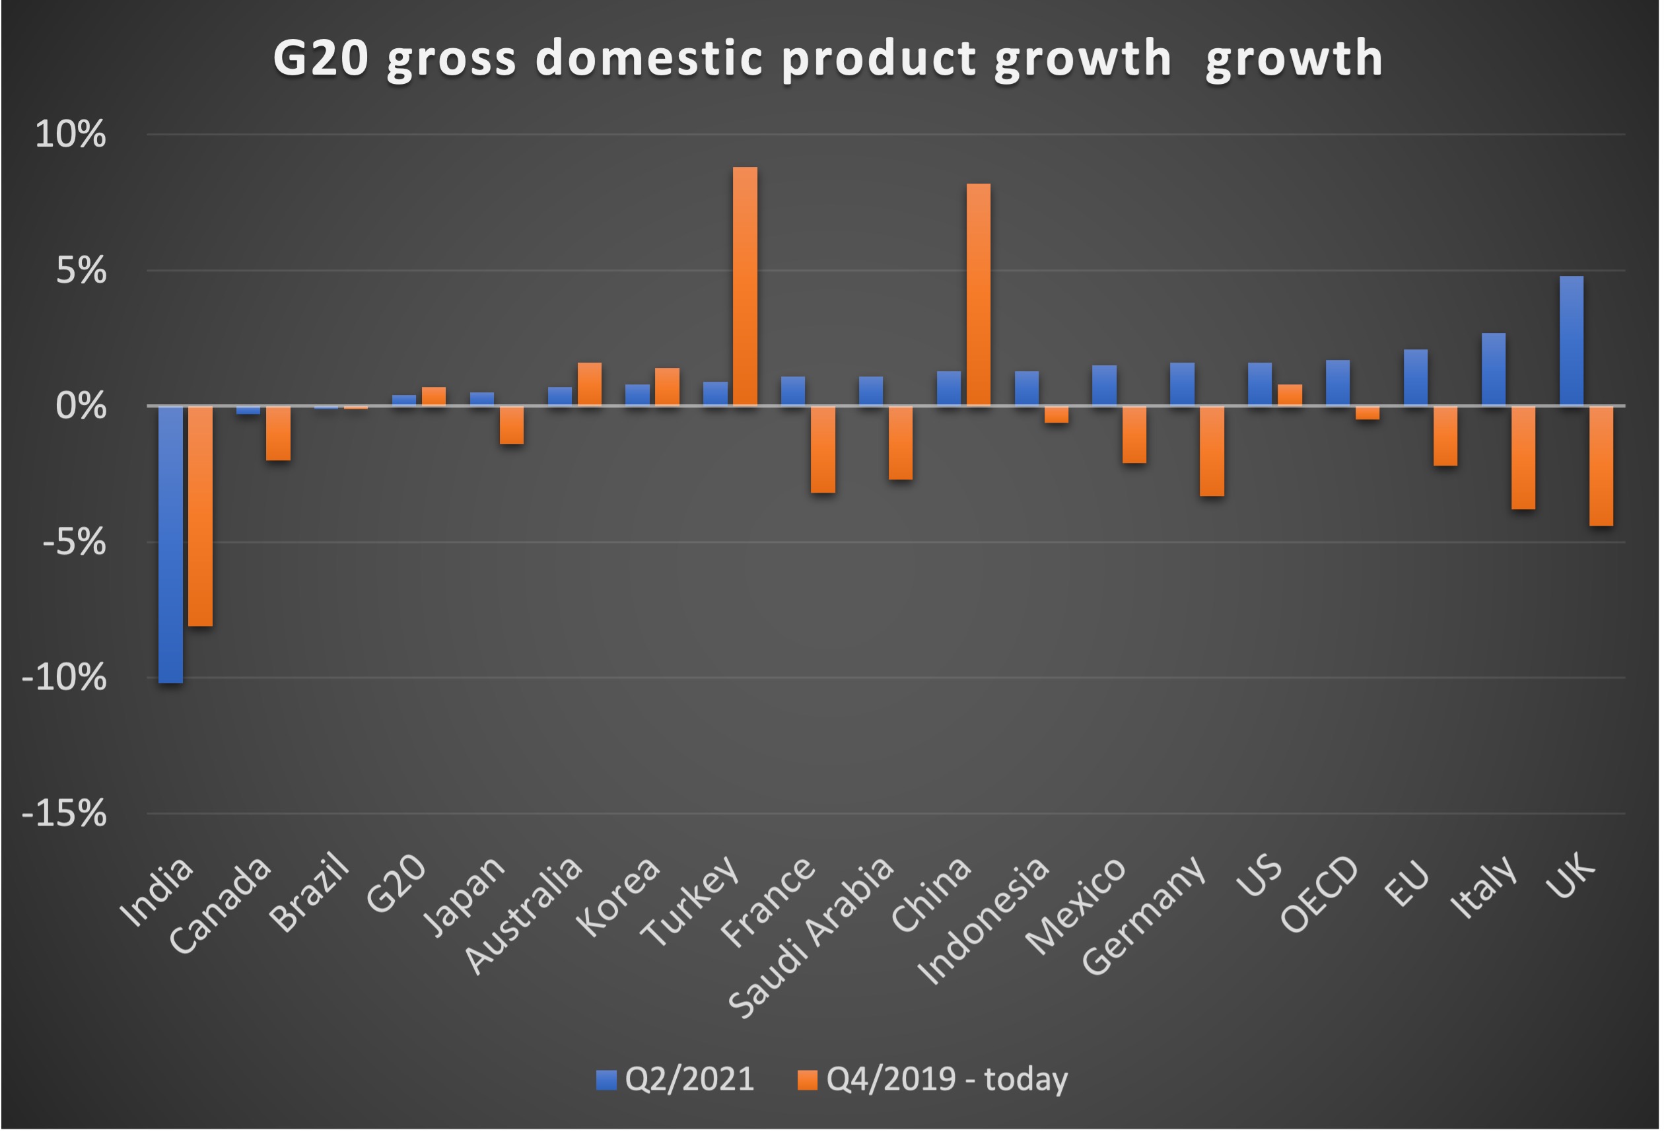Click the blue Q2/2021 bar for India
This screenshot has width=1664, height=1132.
pyautogui.click(x=170, y=544)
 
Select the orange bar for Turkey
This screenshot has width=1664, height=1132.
pyautogui.click(x=745, y=287)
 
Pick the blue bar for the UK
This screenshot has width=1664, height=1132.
pyautogui.click(x=1572, y=341)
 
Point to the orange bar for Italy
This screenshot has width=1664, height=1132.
pyautogui.click(x=1523, y=458)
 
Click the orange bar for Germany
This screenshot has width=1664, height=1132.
pyautogui.click(x=1212, y=451)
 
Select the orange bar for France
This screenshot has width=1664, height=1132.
pyautogui.click(x=823, y=450)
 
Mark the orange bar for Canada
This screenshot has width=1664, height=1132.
pyautogui.click(x=279, y=433)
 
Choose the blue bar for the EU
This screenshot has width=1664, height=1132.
pyautogui.click(x=1416, y=378)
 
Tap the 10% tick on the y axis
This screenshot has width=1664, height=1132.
pyautogui.click(x=70, y=134)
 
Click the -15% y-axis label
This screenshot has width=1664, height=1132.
pyautogui.click(x=65, y=814)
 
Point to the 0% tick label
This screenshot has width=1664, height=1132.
pyautogui.click(x=80, y=406)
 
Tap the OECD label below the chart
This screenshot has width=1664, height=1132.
pyautogui.click(x=1319, y=895)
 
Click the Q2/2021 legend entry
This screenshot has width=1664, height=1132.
pyautogui.click(x=676, y=1079)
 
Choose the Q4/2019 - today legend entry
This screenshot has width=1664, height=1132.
pyautogui.click(x=934, y=1079)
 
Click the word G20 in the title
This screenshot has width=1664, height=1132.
pyautogui.click(x=320, y=58)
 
